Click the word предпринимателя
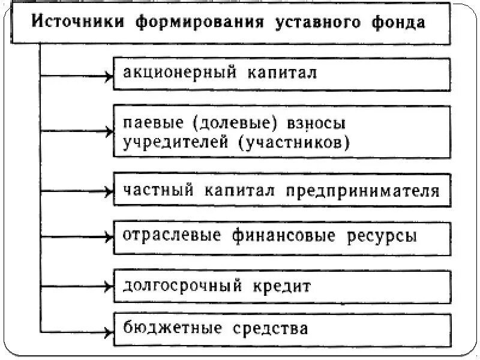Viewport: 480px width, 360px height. tap(362, 191)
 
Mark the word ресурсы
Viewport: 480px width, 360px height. tap(381, 235)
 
